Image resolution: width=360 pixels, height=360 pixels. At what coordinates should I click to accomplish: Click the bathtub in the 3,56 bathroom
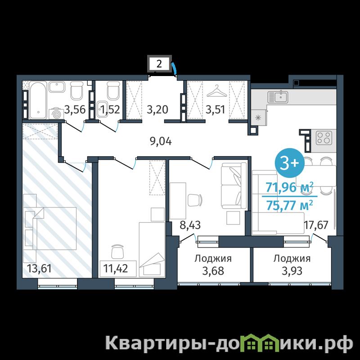(37, 100)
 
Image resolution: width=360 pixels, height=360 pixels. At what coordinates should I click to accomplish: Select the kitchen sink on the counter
(278, 97)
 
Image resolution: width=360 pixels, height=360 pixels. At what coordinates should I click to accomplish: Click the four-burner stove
(324, 138)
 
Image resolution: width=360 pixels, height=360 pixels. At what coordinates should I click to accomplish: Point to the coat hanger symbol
(216, 91)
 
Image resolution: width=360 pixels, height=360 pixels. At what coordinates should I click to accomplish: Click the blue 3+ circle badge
(289, 163)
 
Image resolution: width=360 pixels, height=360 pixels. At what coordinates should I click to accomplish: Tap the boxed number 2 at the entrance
(159, 63)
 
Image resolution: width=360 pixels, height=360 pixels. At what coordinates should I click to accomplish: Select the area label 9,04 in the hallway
(161, 141)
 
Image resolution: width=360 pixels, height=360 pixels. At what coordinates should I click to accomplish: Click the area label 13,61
(39, 268)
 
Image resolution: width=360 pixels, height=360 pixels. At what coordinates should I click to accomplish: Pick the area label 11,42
(116, 268)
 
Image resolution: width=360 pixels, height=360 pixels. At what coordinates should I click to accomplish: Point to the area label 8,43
(190, 225)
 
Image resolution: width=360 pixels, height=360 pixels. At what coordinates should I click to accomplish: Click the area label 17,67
(316, 225)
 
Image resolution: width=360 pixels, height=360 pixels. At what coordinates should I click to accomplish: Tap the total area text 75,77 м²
(289, 205)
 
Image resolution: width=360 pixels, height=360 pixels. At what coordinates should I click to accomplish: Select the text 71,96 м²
(289, 187)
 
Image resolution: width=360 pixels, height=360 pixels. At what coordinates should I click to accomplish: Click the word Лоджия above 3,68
(213, 259)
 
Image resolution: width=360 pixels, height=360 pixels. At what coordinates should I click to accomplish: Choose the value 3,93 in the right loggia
(292, 271)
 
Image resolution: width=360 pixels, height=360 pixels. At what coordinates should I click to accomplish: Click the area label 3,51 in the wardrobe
(216, 109)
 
